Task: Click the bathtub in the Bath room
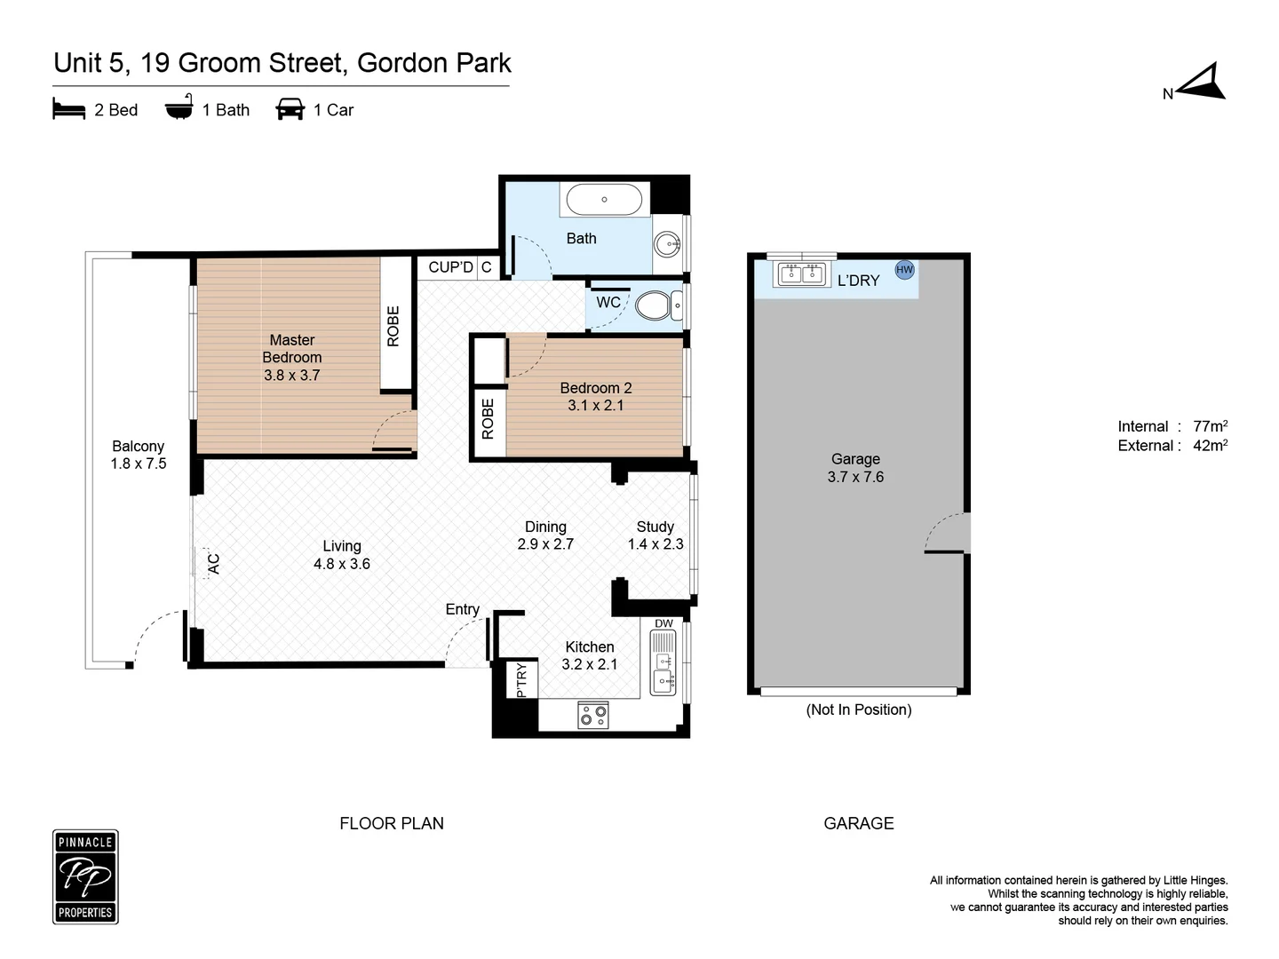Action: pos(604,200)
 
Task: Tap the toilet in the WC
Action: pos(655,305)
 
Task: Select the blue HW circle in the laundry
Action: pos(904,270)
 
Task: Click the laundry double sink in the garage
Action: pos(802,274)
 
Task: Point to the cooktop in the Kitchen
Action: pos(593,715)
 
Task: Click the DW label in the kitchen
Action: pos(663,623)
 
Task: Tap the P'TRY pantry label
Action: pos(521,679)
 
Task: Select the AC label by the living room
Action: pos(213,563)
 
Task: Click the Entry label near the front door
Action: pos(462,609)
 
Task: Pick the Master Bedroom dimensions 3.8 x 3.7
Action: pos(291,375)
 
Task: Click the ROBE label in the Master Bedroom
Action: pos(393,326)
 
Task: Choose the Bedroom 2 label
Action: pos(595,388)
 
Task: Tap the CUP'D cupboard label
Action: pos(450,267)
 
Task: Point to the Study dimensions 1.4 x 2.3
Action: pos(655,544)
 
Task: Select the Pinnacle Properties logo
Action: pos(85,876)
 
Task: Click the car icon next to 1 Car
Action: pos(290,109)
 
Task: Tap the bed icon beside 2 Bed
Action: pos(69,109)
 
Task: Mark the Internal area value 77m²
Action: pos(1210,426)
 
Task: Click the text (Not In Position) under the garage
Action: pos(858,709)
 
